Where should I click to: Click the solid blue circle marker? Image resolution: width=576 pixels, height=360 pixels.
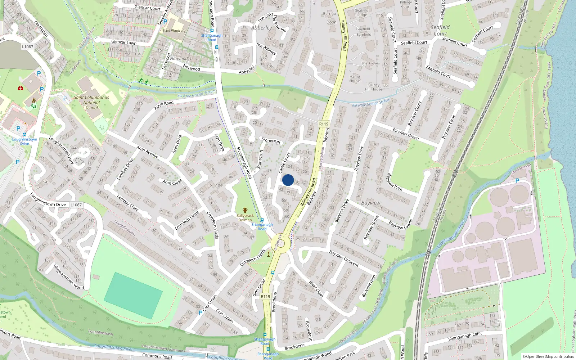coord(288,180)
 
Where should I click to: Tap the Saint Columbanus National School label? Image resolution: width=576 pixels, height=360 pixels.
coord(91,103)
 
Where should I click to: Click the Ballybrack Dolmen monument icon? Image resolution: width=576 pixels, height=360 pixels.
coord(245,210)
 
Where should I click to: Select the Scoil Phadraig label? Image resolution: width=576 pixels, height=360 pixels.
coord(174,31)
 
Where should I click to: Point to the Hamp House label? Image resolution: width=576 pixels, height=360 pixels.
coord(355,78)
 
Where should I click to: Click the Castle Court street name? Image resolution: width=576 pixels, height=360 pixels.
coord(284,163)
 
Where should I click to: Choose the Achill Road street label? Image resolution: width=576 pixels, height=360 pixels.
coord(164,105)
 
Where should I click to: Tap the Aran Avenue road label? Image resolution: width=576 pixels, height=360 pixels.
coord(148,152)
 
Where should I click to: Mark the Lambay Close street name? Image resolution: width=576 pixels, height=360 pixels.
coord(128,203)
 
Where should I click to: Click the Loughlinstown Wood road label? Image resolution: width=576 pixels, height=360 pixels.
coord(69,276)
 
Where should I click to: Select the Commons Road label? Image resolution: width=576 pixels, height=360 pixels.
coord(157,356)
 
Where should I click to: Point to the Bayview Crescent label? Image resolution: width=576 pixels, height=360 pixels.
coord(344,258)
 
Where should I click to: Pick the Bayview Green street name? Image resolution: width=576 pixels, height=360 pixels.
coord(406,134)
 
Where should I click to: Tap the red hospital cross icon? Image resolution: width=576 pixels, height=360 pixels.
coord(21,88)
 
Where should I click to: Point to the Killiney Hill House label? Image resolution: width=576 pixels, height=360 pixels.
coord(374,87)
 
